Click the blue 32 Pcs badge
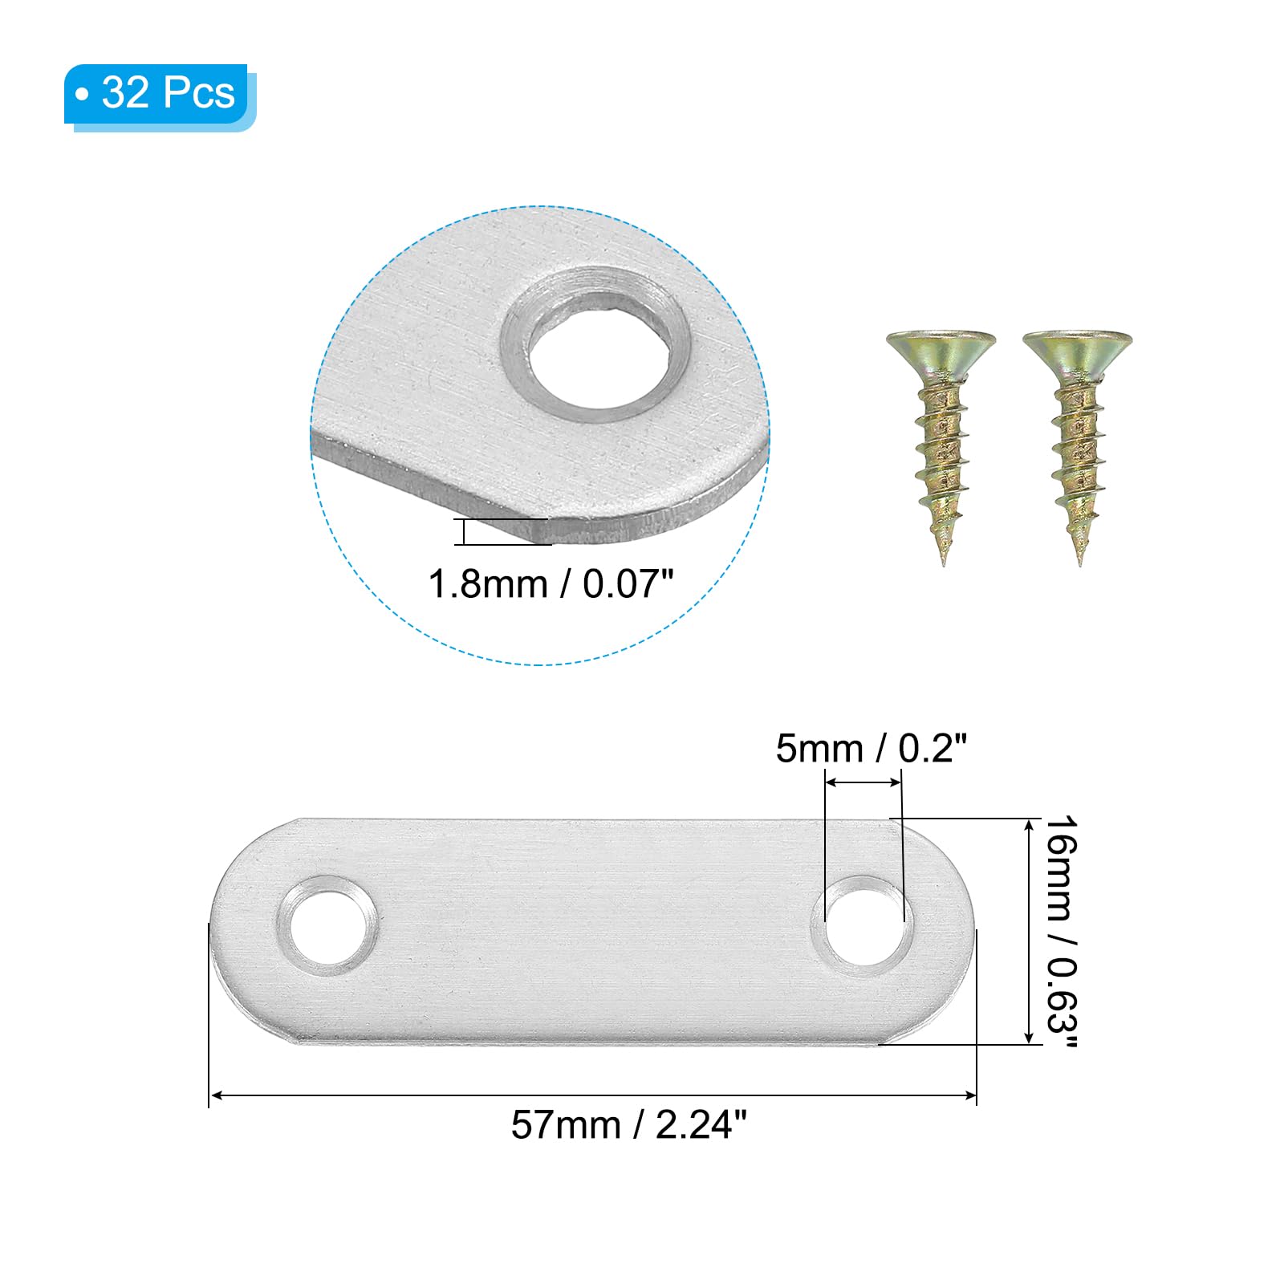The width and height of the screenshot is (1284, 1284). [160, 96]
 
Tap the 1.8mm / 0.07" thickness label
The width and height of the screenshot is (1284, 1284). [551, 583]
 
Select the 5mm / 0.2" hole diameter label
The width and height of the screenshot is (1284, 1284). [871, 748]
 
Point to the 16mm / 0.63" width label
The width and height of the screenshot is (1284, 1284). [1061, 931]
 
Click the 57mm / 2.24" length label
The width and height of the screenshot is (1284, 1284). [628, 1124]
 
